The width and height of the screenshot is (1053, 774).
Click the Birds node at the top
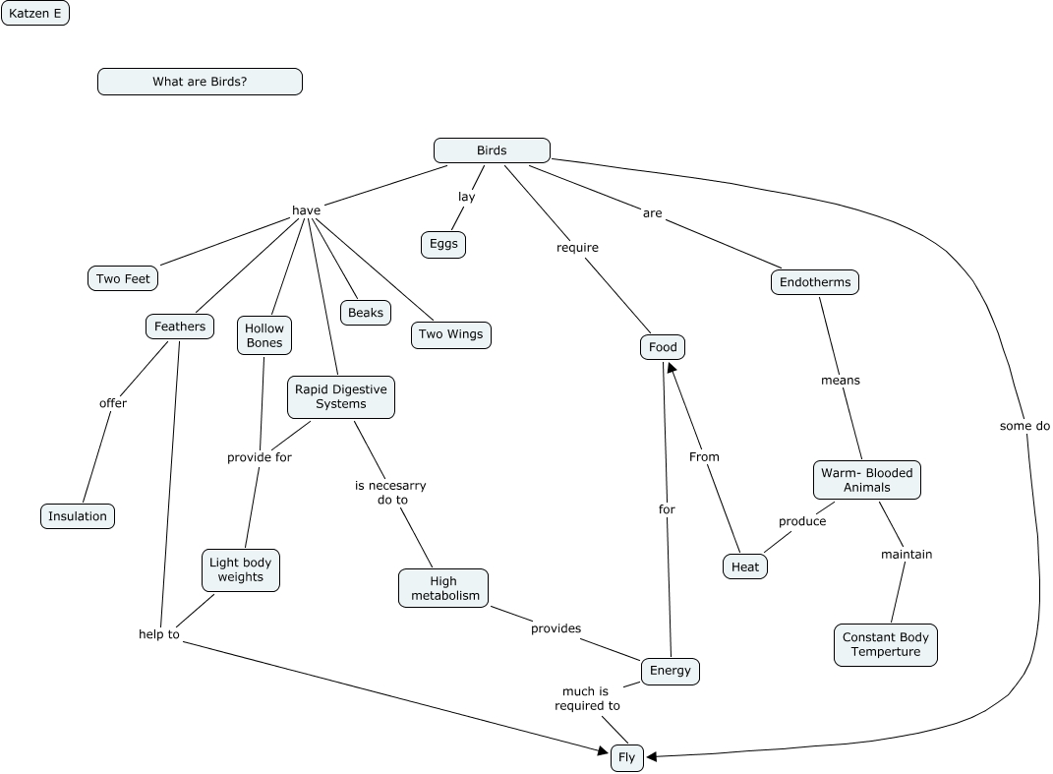click(492, 150)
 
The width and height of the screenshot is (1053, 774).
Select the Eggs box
click(443, 244)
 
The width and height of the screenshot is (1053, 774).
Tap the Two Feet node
click(123, 279)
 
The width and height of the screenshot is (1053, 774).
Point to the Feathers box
click(180, 327)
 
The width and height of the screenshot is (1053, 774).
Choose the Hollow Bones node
click(263, 335)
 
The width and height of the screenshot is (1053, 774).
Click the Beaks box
click(366, 313)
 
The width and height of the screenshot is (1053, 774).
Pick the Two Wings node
click(450, 334)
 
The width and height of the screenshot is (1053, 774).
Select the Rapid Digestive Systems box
click(341, 396)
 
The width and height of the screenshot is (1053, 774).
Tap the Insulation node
click(78, 516)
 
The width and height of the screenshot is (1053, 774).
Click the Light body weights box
click(241, 569)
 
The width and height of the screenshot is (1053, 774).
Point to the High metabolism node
click(443, 588)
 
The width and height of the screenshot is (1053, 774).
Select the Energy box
click(671, 671)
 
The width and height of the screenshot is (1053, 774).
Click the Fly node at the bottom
click(626, 758)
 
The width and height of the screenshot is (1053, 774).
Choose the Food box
click(663, 347)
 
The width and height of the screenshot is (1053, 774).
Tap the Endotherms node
click(814, 282)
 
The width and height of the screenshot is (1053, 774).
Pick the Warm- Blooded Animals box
click(867, 480)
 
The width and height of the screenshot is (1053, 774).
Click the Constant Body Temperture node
click(886, 644)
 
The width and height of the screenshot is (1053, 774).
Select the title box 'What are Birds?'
click(200, 82)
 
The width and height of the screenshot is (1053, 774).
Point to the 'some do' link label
click(1024, 426)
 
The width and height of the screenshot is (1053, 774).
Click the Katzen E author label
click(35, 14)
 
